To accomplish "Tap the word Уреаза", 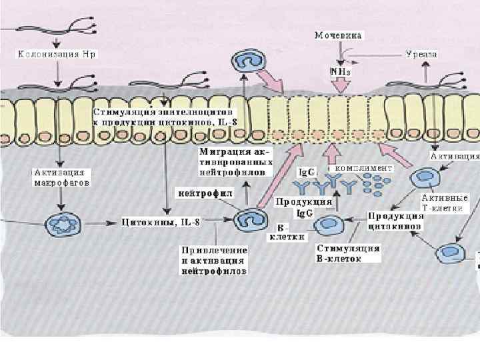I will coord(421,54).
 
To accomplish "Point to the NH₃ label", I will coord(340,69).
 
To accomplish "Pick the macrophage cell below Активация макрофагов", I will coord(60,222).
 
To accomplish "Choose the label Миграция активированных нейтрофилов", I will coord(236,162).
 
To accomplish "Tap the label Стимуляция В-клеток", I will coord(348,253).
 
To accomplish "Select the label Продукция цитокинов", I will coord(396,221).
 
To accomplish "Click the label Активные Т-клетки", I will coord(445,203).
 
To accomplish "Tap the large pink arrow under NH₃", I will coord(340,85).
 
